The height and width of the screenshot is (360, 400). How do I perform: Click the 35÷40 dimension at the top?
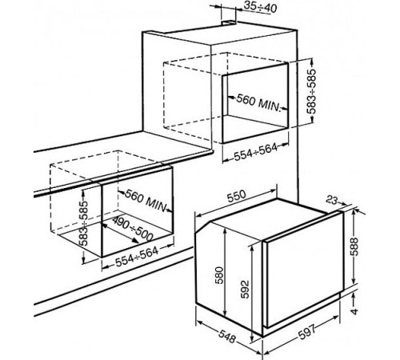[x=261, y=8]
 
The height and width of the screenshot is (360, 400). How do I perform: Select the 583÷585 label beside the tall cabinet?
[x=311, y=91]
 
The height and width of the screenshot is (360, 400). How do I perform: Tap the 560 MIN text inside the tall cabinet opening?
[x=258, y=102]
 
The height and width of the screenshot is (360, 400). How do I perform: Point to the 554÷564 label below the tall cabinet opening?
[x=256, y=152]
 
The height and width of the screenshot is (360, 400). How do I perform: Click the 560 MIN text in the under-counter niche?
[x=146, y=200]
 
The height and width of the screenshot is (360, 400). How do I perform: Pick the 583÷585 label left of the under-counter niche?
[x=84, y=223]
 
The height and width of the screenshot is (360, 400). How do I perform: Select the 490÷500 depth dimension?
[x=132, y=228]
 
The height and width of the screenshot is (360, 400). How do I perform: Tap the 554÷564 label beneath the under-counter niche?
[x=137, y=256]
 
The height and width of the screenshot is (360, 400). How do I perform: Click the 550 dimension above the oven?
[x=236, y=196]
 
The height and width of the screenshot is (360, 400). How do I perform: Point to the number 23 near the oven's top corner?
[x=332, y=200]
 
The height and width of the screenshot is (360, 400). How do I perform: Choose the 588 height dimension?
[x=355, y=246]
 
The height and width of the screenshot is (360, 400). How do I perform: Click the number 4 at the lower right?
[x=354, y=311]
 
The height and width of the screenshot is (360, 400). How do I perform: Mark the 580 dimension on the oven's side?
[x=219, y=275]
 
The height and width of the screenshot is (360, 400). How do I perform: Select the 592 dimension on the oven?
[x=245, y=289]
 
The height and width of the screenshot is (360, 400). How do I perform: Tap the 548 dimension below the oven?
[x=227, y=337]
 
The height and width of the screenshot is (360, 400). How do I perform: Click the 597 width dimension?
[x=306, y=332]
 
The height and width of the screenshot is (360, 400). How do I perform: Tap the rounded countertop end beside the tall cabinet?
[x=210, y=153]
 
